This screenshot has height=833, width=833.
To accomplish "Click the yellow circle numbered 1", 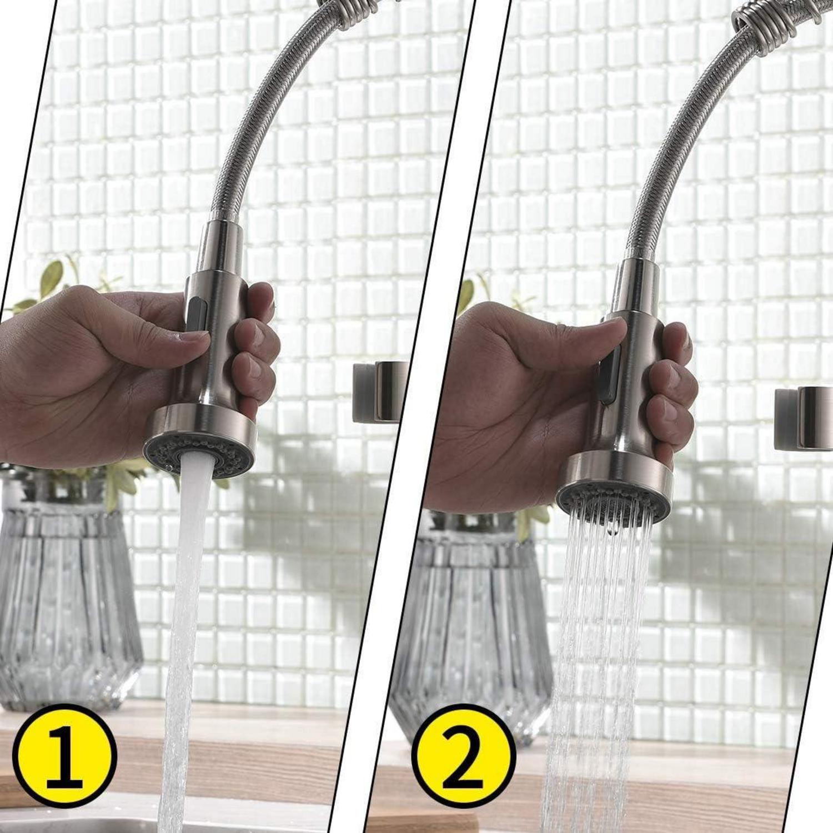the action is coord(64,756).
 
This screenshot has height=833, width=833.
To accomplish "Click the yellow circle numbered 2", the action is coord(464,756).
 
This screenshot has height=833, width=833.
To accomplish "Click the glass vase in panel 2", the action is coord(472,628).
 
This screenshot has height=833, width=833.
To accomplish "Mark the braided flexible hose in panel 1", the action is coord(261,111).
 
